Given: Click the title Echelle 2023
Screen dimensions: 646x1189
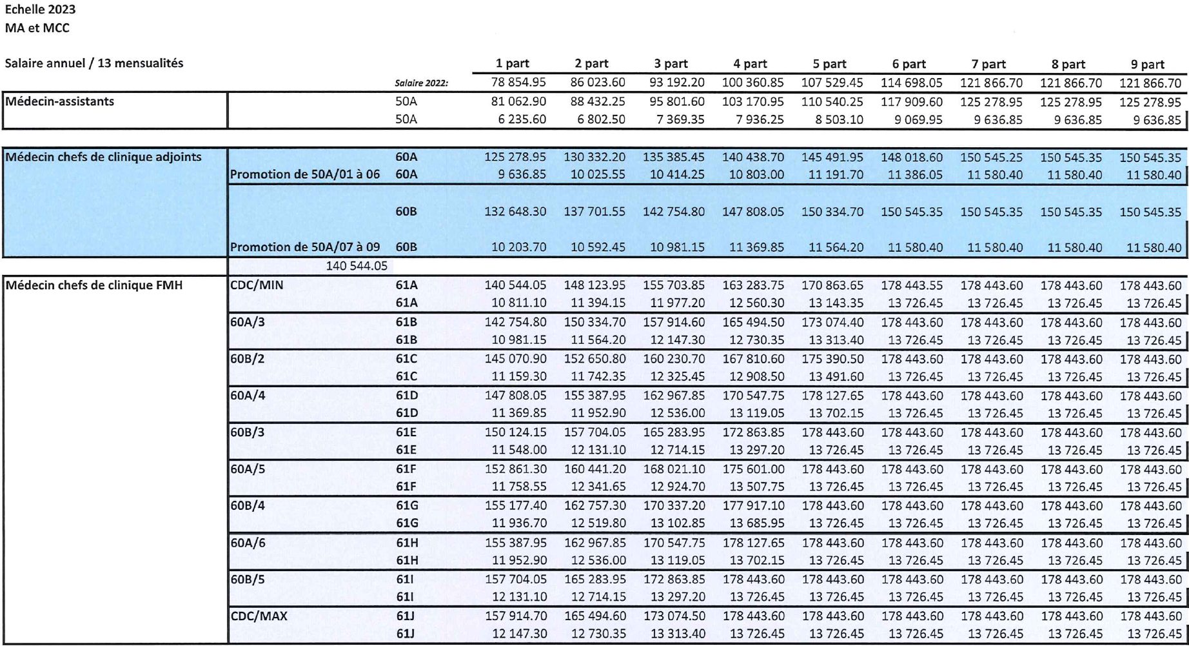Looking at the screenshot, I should [x=40, y=9].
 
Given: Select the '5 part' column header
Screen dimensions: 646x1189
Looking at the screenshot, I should [x=830, y=64].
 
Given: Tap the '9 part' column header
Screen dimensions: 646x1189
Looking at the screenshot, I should [x=1148, y=64].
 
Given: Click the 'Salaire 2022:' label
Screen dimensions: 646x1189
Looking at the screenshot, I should [x=421, y=83].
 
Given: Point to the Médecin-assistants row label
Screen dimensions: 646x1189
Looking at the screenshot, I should [x=60, y=101].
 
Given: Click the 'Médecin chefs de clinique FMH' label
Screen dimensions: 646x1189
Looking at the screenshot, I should [x=94, y=285].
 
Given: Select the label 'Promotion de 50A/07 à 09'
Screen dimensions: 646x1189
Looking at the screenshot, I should [x=305, y=247].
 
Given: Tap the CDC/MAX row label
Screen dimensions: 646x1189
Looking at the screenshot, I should [x=259, y=616].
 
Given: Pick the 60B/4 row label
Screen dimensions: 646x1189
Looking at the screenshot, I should [x=248, y=506].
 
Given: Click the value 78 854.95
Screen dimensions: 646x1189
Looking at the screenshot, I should [x=515, y=83].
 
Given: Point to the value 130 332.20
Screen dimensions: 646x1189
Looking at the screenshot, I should [x=594, y=157].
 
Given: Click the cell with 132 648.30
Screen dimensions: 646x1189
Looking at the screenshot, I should [x=515, y=212].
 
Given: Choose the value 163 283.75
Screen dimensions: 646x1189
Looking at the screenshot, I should [x=753, y=285].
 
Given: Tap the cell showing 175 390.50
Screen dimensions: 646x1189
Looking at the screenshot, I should [x=832, y=359].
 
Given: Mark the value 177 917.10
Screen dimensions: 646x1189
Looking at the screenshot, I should [x=753, y=506].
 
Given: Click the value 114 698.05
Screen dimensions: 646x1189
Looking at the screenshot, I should [x=911, y=83].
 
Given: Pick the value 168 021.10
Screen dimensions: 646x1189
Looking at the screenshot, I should [x=674, y=469].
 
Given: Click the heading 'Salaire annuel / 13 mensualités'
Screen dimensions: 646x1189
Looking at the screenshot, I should [x=94, y=63].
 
